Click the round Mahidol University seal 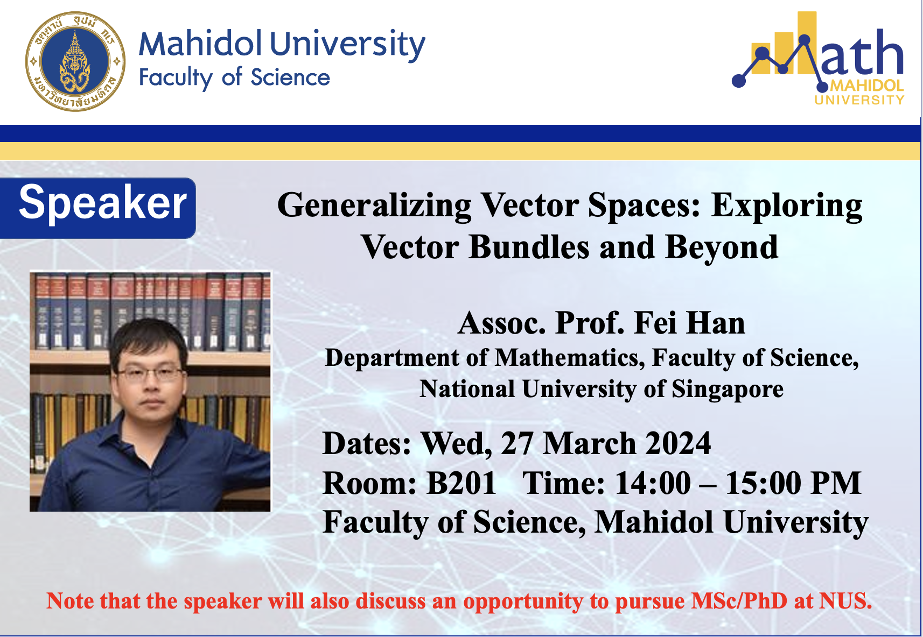click(75, 61)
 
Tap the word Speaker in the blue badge click(103, 203)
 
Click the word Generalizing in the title click(374, 206)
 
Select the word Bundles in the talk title click(529, 247)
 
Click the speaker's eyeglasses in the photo click(150, 374)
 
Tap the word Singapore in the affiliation click(728, 389)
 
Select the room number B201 click(461, 483)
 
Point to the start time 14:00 click(653, 483)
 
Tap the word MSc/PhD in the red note click(739, 601)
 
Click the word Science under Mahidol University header click(290, 77)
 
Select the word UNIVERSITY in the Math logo click(859, 100)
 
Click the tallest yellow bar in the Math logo click(806, 43)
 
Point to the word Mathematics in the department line click(570, 358)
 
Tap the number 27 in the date click(518, 444)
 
